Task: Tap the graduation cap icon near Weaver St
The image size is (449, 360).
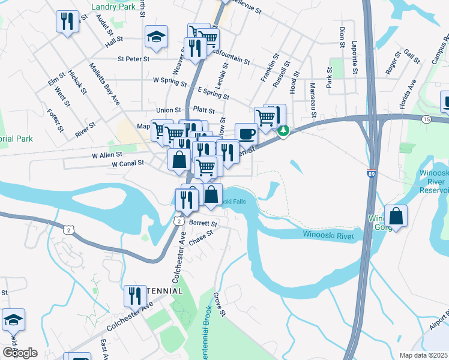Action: pyautogui.click(x=155, y=37)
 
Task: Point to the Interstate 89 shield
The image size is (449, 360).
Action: pyautogui.click(x=372, y=173)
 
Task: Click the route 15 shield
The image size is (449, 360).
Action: pyautogui.click(x=426, y=119)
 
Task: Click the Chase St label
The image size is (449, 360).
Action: pyautogui.click(x=201, y=238)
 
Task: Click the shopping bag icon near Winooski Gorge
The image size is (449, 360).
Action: pyautogui.click(x=396, y=216)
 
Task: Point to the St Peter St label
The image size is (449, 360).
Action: pyautogui.click(x=133, y=59)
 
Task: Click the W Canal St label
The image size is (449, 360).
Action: pyautogui.click(x=128, y=163)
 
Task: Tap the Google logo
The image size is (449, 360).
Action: pyautogui.click(x=20, y=352)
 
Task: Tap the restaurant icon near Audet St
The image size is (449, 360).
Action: pyautogui.click(x=67, y=22)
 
